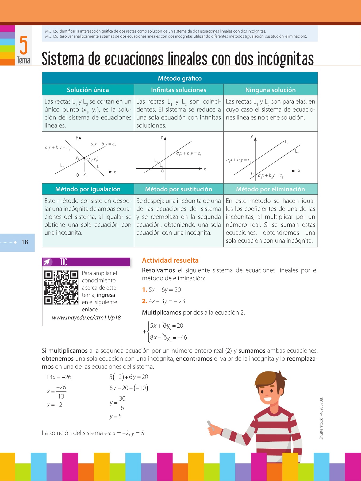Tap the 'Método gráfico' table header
(180, 78)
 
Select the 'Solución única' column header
(88, 90)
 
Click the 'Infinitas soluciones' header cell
(179, 90)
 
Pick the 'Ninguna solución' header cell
(270, 90)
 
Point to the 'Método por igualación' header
(88, 189)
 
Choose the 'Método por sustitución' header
(179, 189)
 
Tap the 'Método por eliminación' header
(270, 189)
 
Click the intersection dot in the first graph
(84, 158)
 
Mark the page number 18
(25, 242)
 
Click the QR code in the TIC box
(62, 288)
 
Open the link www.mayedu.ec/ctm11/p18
(86, 317)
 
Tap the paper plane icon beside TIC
(48, 262)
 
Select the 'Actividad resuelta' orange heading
(170, 260)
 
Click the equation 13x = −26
(59, 377)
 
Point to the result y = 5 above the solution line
(116, 416)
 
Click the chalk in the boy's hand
(211, 426)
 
